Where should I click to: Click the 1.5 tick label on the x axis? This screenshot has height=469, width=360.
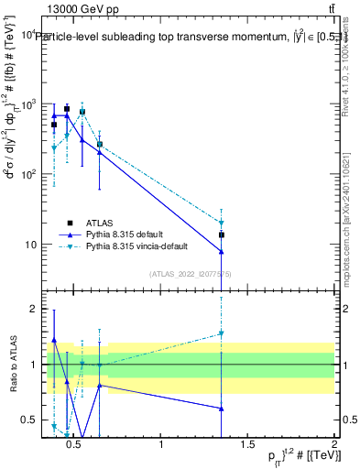pyautogui.click(x=247, y=445)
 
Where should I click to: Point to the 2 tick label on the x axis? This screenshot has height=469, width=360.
pyautogui.click(x=333, y=445)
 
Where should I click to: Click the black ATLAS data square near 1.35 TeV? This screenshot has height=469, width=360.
pyautogui.click(x=222, y=235)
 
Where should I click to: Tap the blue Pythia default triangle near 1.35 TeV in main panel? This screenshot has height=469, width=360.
pyautogui.click(x=222, y=252)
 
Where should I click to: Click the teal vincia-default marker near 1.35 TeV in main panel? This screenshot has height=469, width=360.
pyautogui.click(x=222, y=223)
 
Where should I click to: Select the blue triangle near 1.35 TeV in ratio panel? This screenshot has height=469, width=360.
pyautogui.click(x=222, y=409)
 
